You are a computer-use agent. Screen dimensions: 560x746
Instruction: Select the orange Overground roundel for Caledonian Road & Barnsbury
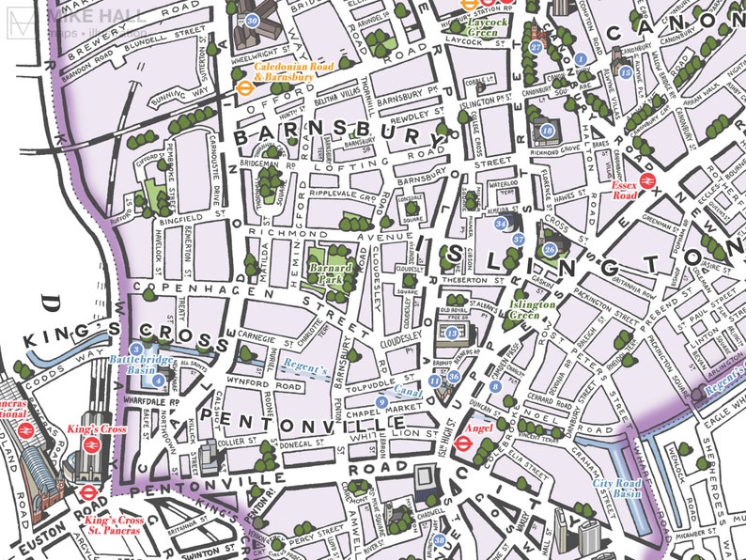242,82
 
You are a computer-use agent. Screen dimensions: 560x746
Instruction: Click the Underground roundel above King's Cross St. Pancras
85,490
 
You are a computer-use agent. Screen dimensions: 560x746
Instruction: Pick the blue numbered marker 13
452,333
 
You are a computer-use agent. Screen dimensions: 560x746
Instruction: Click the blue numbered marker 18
547,130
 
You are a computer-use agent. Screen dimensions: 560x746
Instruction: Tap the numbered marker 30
252,20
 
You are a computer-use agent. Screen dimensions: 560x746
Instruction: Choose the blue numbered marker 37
518,240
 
